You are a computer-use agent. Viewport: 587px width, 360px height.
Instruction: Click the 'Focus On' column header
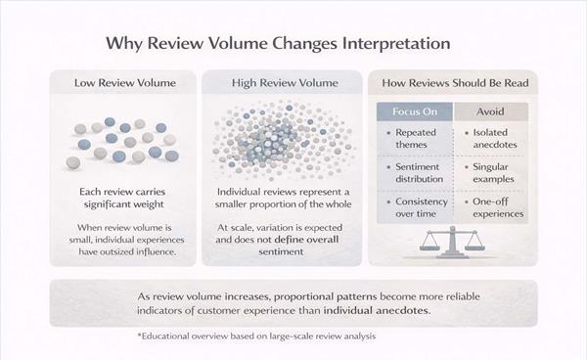click(413, 112)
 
